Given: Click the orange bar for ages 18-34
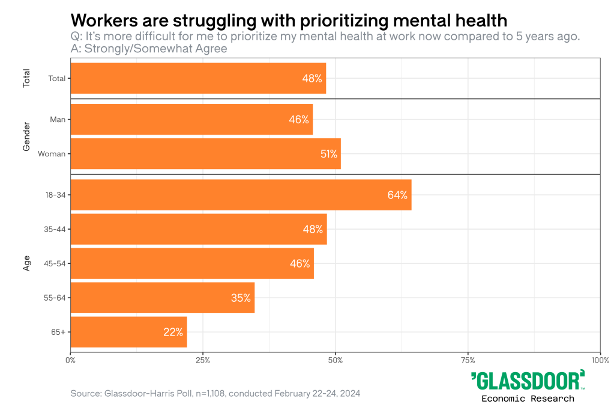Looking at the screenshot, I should click(240, 195).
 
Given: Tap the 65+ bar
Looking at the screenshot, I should click(128, 332).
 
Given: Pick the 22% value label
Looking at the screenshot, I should click(173, 332).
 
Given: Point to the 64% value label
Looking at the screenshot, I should click(397, 195).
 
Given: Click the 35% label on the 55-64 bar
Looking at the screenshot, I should click(241, 298).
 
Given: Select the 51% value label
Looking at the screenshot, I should click(328, 154).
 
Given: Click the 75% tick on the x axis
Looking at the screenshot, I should click(468, 360).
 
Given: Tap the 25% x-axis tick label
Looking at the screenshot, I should click(203, 360).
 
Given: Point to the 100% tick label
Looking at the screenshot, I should click(600, 360).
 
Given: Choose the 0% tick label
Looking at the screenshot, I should click(70, 360).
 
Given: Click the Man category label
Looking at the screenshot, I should click(58, 119).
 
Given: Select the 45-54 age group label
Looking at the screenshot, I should click(55, 263).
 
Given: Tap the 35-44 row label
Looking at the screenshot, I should click(55, 229).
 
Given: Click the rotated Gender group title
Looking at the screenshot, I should click(26, 136).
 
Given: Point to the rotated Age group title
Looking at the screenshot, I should click(26, 263).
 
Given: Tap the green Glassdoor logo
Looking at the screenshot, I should click(528, 381).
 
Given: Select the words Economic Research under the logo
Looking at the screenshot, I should click(528, 399).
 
